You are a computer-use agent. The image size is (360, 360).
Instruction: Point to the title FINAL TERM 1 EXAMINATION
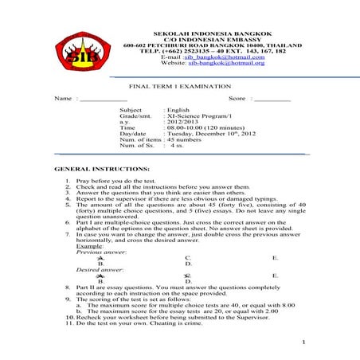click(180, 86)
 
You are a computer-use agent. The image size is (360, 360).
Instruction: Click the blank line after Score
click(272, 99)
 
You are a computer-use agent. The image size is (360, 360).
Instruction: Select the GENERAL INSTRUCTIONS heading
click(101, 170)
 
